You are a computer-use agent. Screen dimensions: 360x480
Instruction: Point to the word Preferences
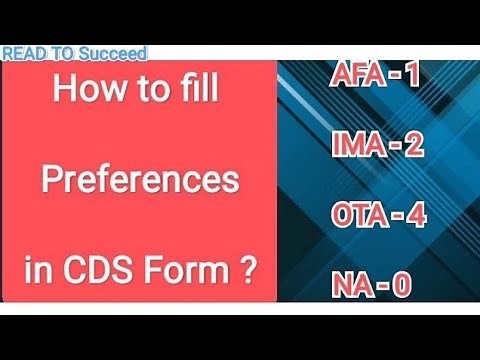click(x=139, y=184)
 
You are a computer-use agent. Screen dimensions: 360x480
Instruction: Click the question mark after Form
click(x=245, y=270)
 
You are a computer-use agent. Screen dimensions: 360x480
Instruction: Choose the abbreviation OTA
click(x=357, y=217)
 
